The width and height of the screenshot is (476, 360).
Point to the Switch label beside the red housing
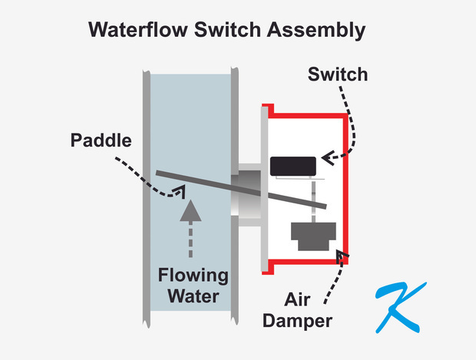(337, 75)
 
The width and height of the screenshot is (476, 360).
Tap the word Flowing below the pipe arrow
(193, 276)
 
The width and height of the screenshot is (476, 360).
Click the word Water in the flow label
(193, 296)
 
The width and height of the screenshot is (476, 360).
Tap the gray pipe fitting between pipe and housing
(247, 195)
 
